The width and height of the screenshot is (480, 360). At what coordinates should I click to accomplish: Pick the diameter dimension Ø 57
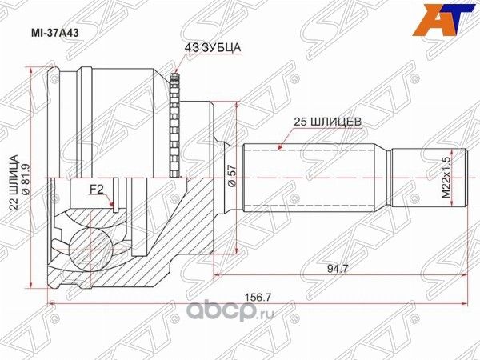coord(231,175)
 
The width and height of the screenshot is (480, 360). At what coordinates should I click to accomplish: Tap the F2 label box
coord(96,190)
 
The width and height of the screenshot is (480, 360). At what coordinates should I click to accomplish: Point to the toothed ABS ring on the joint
coord(175,123)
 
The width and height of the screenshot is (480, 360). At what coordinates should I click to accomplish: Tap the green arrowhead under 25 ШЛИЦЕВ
coord(278,147)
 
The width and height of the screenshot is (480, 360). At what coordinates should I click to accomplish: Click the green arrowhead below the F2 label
coord(114,210)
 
